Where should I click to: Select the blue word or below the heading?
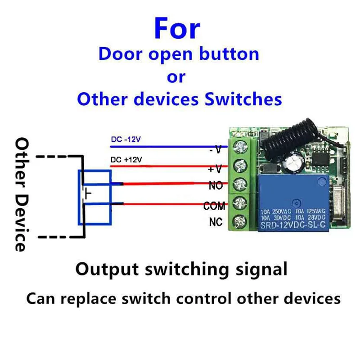176,77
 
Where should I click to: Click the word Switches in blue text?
243,99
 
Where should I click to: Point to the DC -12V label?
126,140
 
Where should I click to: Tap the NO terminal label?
216,185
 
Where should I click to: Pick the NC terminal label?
216,222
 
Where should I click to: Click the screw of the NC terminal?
240,221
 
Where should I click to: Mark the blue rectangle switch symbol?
94,197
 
